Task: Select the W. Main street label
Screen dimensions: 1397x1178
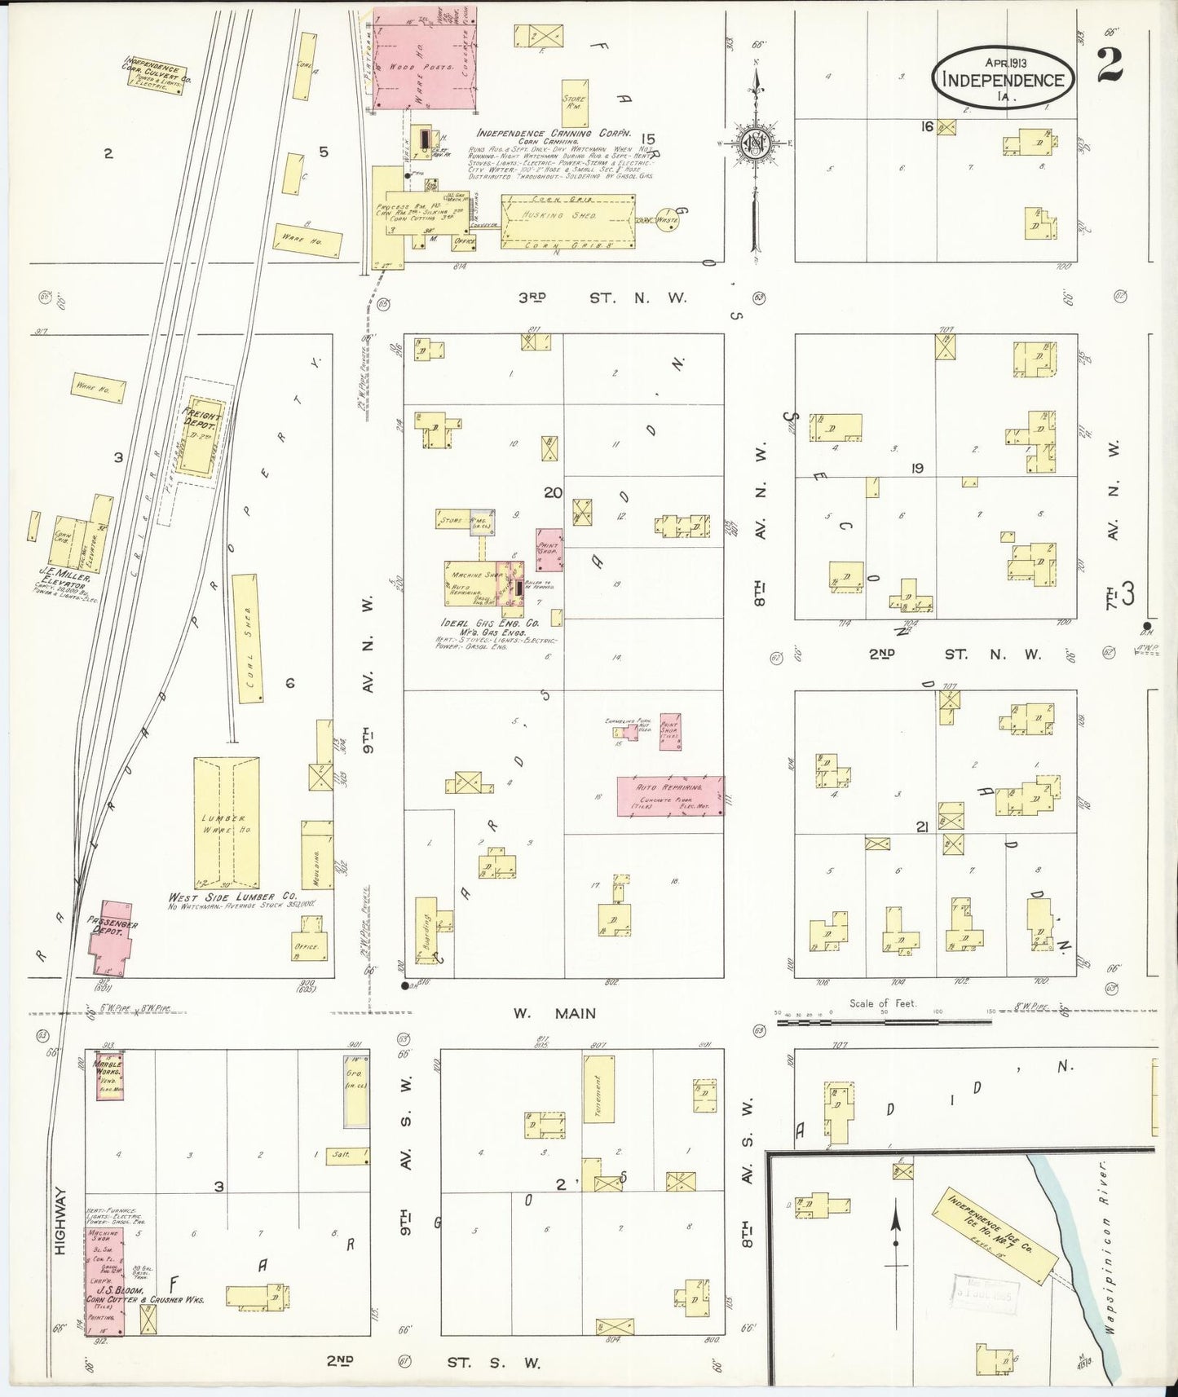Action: pyautogui.click(x=554, y=1013)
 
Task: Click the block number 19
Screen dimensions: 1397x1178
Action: pyautogui.click(x=918, y=468)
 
